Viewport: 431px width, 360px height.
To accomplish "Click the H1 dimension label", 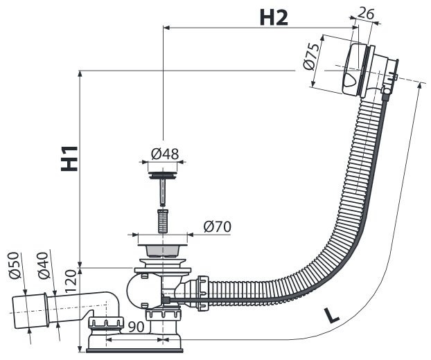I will (x=69, y=158).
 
